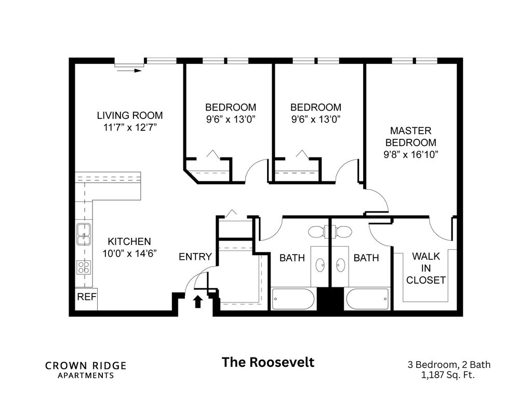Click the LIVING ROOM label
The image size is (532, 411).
click(130, 115)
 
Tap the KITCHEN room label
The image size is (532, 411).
click(129, 242)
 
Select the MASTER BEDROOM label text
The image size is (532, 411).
click(411, 137)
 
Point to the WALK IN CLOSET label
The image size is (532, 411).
click(425, 268)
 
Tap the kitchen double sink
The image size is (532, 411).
click(83, 233)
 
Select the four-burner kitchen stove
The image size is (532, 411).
click(84, 267)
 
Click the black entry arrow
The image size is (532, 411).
click(197, 301)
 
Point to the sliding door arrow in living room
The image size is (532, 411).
click(129, 70)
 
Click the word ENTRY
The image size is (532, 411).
click(195, 257)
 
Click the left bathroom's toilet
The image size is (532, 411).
click(316, 231)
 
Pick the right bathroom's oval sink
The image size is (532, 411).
click(341, 265)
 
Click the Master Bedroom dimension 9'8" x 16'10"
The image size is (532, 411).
click(411, 154)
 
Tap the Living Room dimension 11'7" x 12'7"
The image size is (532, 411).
click(130, 127)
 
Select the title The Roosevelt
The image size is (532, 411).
click(268, 362)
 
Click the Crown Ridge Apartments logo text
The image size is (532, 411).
click(86, 369)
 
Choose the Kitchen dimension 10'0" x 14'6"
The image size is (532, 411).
click(129, 254)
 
